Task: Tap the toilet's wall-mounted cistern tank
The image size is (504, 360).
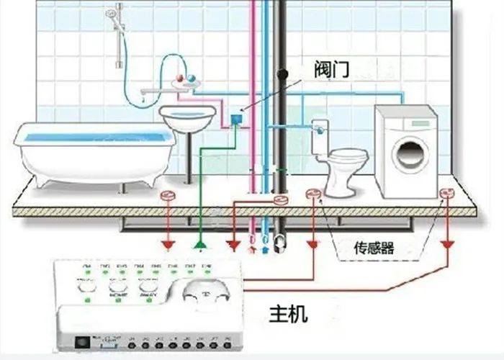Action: pyautogui.click(x=320, y=137)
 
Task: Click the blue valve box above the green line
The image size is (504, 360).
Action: pyautogui.click(x=235, y=118)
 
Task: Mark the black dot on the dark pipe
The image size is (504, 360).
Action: pyautogui.click(x=284, y=73)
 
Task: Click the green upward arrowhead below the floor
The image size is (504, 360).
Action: pyautogui.click(x=199, y=247)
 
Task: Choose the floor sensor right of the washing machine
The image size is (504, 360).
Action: pyautogui.click(x=446, y=193)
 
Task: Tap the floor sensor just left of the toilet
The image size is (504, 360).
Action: pyautogui.click(x=313, y=193)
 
